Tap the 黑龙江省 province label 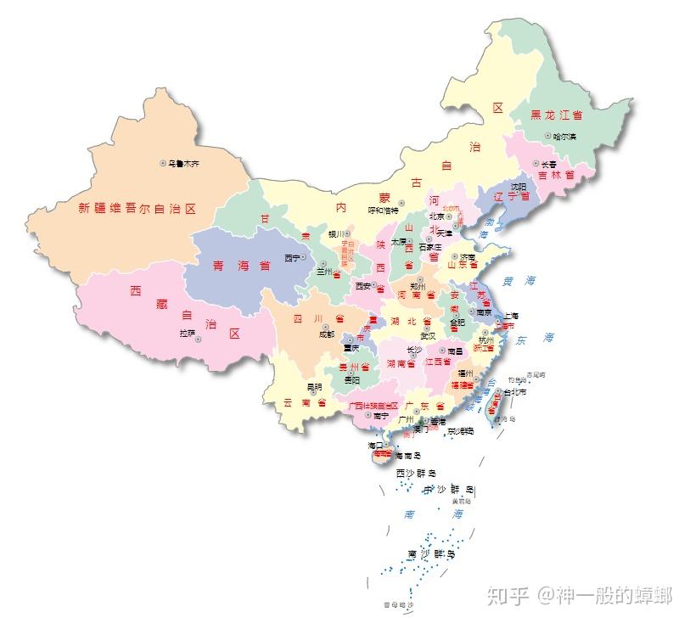556,115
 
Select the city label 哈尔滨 564,137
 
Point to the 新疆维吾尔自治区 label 137,208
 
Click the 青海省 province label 241,265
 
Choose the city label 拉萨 187,334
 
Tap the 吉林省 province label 557,176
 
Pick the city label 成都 327,334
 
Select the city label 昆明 315,387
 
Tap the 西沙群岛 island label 416,473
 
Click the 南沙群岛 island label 431,554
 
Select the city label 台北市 516,393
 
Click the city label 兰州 326,272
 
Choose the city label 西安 363,285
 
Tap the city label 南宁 379,416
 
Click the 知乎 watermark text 508,596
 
